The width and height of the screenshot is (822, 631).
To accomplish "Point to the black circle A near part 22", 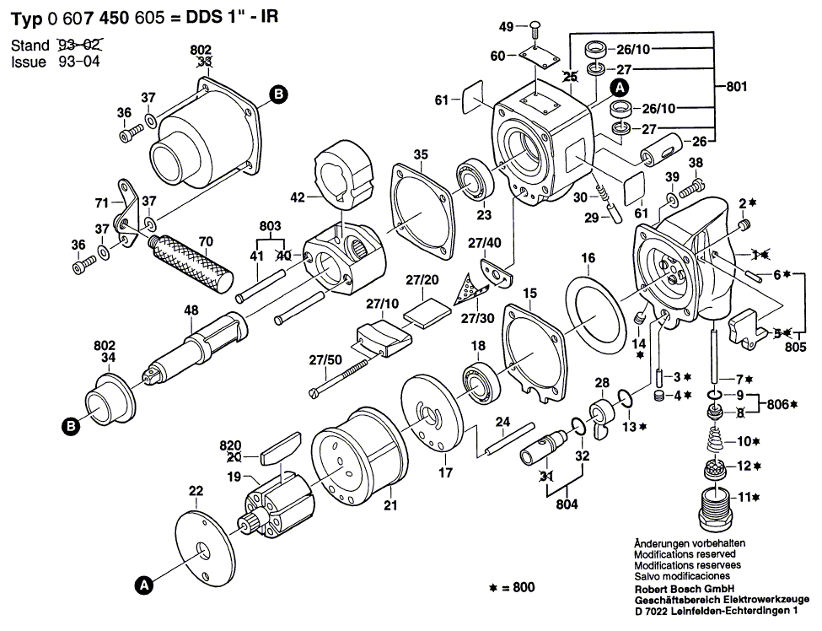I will pos(144,583).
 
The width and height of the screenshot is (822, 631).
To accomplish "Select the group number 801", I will pos(736,85).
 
